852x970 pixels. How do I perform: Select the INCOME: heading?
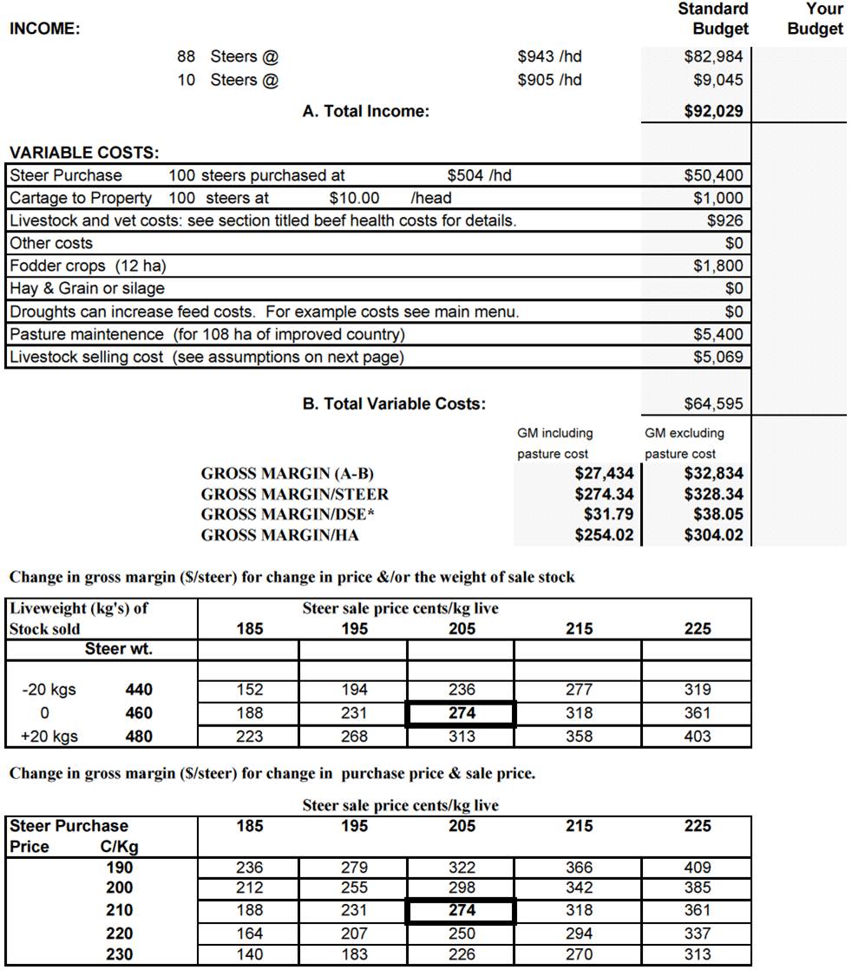pos(44,29)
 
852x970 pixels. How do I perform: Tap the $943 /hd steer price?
pos(549,57)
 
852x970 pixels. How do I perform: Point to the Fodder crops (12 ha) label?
pos(88,266)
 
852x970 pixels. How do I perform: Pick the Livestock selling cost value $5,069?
pos(718,357)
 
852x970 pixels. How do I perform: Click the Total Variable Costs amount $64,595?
pos(713,403)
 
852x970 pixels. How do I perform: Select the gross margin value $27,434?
pos(604,474)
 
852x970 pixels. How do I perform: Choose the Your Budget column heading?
pos(816,19)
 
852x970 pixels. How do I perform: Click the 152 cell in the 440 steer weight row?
pos(250,691)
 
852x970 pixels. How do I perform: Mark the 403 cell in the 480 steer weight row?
pos(697,737)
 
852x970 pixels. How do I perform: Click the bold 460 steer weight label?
pos(139,713)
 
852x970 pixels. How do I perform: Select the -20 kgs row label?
pos(49,691)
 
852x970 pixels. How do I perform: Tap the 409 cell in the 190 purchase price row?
pos(697,868)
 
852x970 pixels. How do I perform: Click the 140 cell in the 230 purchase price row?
pos(250,954)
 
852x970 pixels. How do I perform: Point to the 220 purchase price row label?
pos(119,934)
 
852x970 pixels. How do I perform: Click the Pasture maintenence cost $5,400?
pos(718,334)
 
